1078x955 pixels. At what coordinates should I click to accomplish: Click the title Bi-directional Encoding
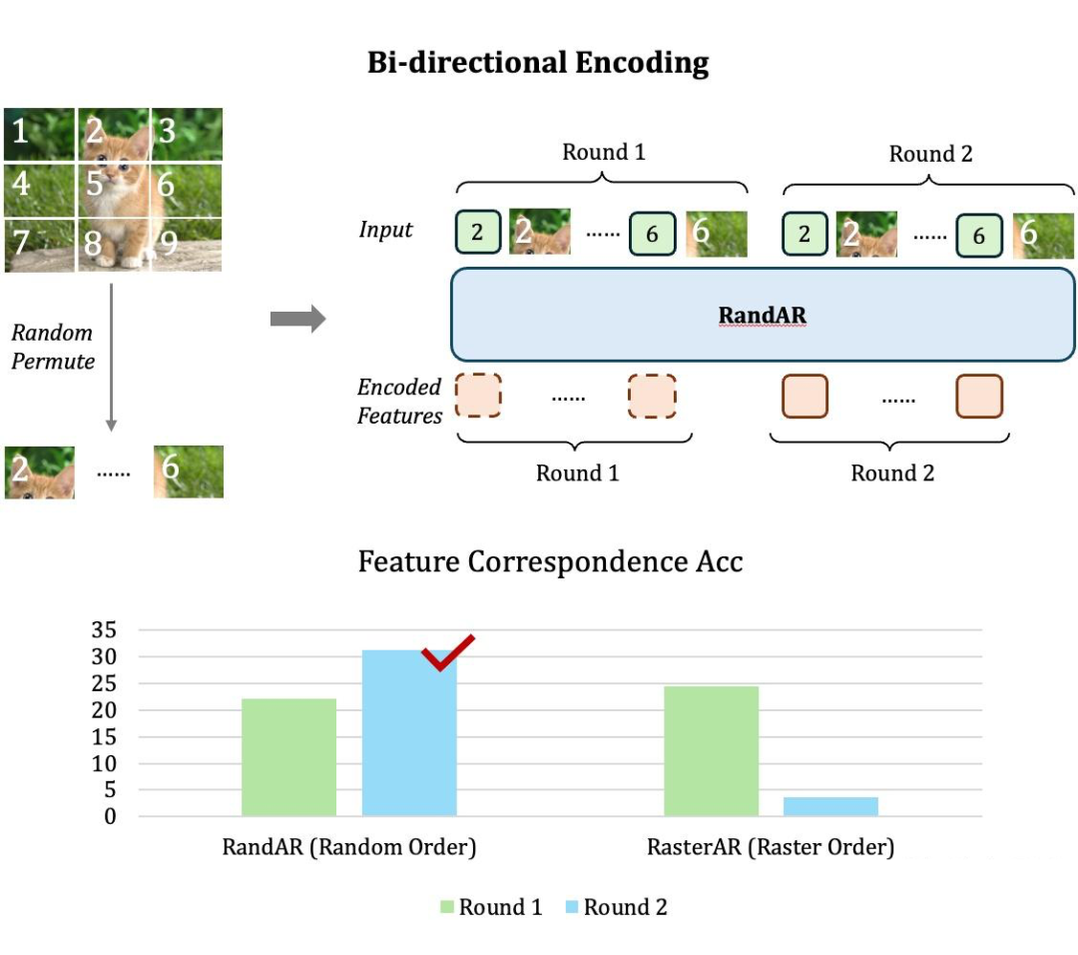tap(538, 63)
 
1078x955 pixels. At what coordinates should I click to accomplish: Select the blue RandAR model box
tap(763, 315)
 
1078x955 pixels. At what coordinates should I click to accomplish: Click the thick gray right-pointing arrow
tap(297, 320)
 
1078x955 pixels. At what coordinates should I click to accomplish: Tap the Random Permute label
tap(52, 347)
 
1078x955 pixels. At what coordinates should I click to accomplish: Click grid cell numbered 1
tap(40, 134)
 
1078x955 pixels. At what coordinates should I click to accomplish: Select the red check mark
tap(447, 652)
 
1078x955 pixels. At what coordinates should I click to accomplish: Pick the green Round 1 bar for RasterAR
tap(711, 750)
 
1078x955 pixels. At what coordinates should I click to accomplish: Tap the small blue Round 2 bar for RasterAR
tap(830, 806)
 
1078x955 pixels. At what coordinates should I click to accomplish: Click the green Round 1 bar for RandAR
tap(288, 756)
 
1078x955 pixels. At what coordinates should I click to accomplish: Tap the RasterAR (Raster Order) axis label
tap(770, 848)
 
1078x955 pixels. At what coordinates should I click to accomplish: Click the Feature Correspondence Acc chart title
tap(550, 561)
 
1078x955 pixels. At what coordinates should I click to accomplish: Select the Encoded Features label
tap(398, 402)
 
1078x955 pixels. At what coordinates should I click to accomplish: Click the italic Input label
tap(385, 230)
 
